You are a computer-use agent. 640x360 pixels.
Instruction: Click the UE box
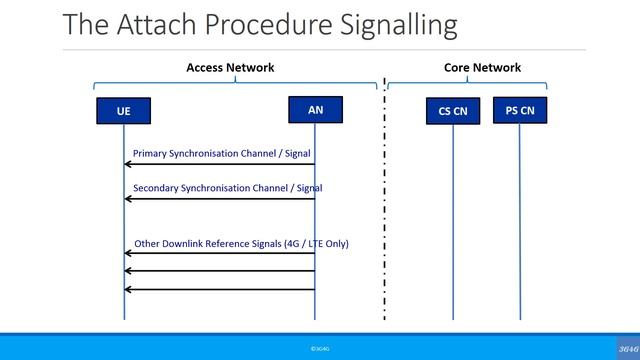click(x=124, y=111)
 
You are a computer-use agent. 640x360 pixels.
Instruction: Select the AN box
click(x=315, y=109)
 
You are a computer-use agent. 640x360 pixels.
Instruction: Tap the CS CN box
click(x=453, y=111)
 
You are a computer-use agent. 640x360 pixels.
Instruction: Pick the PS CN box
click(x=520, y=110)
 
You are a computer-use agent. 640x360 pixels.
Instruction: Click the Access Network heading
click(x=230, y=68)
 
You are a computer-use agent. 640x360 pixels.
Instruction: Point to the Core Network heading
click(x=482, y=68)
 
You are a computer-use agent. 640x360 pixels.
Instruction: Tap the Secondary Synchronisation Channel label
click(x=228, y=188)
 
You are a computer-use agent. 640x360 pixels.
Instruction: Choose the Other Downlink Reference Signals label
click(x=241, y=243)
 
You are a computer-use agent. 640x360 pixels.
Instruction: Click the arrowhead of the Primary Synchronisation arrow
click(x=128, y=164)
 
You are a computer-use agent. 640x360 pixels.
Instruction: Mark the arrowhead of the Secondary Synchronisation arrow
click(x=128, y=199)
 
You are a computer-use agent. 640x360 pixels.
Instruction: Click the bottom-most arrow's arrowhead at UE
click(x=128, y=290)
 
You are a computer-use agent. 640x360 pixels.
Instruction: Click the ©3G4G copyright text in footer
click(x=320, y=348)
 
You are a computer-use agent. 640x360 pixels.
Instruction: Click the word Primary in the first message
click(x=151, y=154)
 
